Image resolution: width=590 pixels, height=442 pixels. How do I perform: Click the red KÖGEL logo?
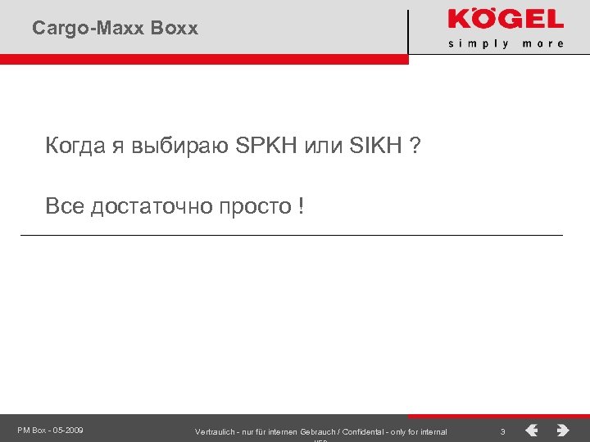pyautogui.click(x=505, y=20)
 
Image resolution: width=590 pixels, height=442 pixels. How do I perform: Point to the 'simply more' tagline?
pyautogui.click(x=506, y=43)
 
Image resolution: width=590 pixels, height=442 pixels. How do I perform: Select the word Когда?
pyautogui.click(x=70, y=147)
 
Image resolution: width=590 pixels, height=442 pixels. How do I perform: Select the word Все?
pyautogui.click(x=65, y=206)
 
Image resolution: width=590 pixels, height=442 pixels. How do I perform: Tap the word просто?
pyautogui.click(x=253, y=206)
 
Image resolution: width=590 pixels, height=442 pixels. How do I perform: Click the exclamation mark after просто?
pyautogui.click(x=302, y=206)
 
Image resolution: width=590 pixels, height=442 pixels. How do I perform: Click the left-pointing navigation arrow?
pyautogui.click(x=532, y=430)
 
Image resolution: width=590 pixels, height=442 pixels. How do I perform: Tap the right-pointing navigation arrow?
pyautogui.click(x=563, y=430)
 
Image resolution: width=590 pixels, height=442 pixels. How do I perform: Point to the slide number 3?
pyautogui.click(x=502, y=431)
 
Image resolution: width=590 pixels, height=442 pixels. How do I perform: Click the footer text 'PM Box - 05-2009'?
pyautogui.click(x=50, y=430)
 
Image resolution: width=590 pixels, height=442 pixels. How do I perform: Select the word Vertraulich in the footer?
pyautogui.click(x=216, y=431)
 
